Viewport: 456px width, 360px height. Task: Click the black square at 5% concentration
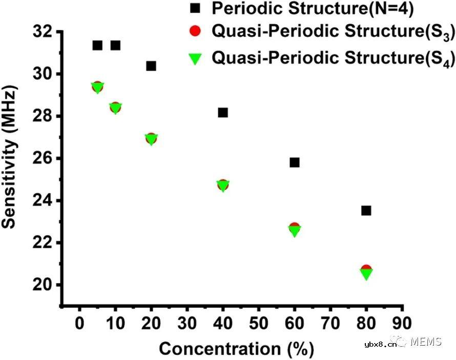97,45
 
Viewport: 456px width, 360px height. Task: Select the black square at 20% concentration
151,66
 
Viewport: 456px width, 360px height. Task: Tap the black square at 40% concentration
223,112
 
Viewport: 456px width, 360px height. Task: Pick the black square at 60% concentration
295,162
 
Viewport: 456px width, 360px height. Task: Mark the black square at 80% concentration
366,210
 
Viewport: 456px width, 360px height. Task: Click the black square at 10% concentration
115,45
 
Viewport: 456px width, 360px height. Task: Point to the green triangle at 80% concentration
366,274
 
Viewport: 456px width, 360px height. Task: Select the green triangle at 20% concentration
151,139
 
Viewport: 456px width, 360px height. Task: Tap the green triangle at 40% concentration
223,185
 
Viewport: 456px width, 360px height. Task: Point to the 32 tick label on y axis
44,32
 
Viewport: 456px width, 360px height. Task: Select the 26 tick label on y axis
44,158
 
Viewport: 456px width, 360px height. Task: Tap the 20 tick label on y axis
44,285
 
